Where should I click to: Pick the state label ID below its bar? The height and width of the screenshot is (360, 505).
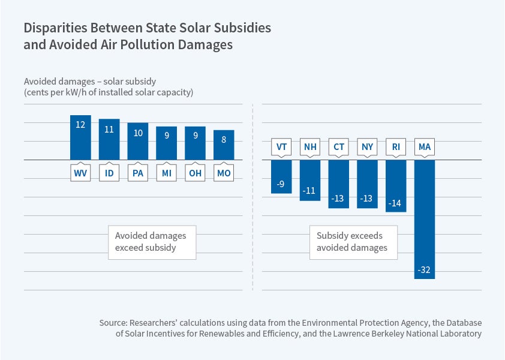click(109, 173)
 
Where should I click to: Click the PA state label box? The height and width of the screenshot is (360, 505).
click(138, 173)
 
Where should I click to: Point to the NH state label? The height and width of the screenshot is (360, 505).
click(309, 146)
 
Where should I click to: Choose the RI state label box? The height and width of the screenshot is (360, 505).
click(396, 146)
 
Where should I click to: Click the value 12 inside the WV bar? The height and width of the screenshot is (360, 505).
click(80, 125)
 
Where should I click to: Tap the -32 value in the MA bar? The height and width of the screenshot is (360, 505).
click(424, 270)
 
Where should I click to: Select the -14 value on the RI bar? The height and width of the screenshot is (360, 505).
click(395, 203)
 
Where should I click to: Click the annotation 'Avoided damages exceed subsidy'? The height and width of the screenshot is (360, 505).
click(152, 242)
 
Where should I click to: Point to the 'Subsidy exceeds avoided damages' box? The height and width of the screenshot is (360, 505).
click(353, 242)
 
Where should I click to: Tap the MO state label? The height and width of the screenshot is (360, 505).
click(224, 173)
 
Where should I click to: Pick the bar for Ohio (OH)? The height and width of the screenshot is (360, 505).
click(195, 143)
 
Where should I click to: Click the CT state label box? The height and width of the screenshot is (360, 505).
click(338, 146)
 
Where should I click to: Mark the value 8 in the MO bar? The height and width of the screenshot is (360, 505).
click(224, 139)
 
